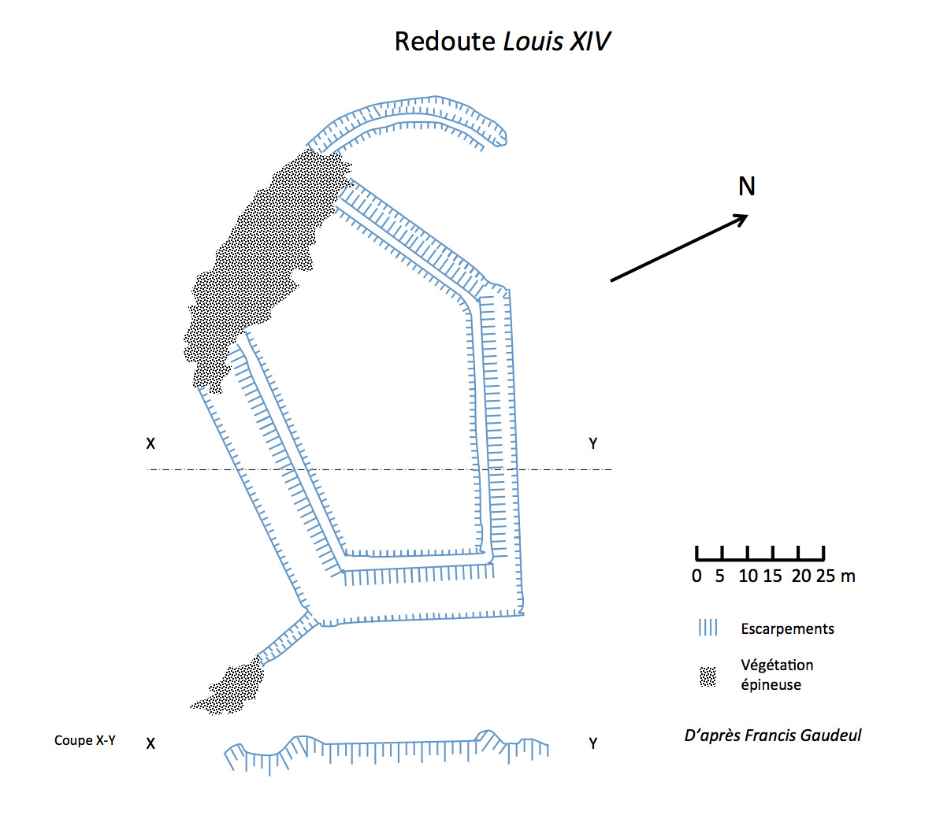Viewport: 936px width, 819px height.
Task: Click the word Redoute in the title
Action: (x=444, y=42)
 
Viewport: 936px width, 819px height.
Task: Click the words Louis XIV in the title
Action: (x=557, y=42)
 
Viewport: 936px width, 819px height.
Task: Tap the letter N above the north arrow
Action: (x=746, y=187)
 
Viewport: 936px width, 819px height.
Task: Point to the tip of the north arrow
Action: (x=746, y=217)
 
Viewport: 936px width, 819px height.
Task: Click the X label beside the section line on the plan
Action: (x=150, y=444)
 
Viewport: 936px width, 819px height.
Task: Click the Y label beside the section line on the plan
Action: (x=593, y=444)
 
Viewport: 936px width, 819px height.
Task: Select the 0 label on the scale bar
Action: (x=696, y=576)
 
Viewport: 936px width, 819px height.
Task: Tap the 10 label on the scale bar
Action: (x=748, y=576)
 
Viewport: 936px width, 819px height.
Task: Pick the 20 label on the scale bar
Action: (x=801, y=576)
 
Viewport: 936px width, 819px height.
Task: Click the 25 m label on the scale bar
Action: (x=836, y=576)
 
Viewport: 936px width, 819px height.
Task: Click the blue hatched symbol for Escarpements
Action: (x=708, y=628)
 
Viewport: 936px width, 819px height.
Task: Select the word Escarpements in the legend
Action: (x=787, y=629)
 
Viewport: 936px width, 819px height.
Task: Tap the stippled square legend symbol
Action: (x=708, y=676)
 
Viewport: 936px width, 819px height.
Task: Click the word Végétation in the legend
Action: (x=777, y=665)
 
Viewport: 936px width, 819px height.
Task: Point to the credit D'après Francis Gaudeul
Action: (x=772, y=736)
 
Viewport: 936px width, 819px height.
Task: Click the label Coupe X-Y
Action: (x=85, y=740)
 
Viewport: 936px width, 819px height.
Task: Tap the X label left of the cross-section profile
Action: (x=150, y=743)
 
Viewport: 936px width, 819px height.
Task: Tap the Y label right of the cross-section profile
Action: (x=593, y=743)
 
